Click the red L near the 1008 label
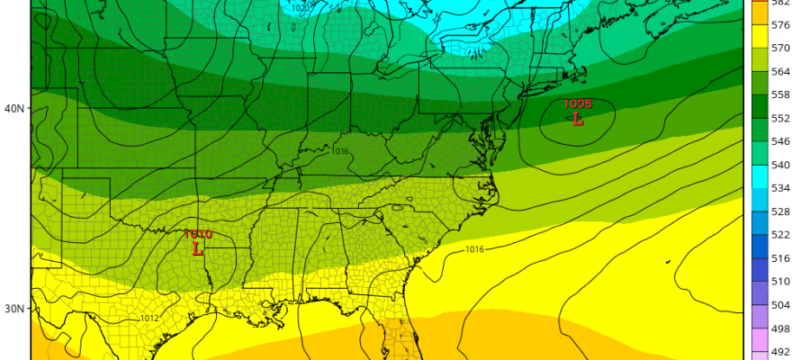[577, 118]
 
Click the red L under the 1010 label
[198, 247]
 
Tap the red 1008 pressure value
[577, 103]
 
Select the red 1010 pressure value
[197, 234]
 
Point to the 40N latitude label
[14, 108]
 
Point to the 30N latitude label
[14, 309]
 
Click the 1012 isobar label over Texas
[150, 318]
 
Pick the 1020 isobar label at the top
[301, 8]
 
